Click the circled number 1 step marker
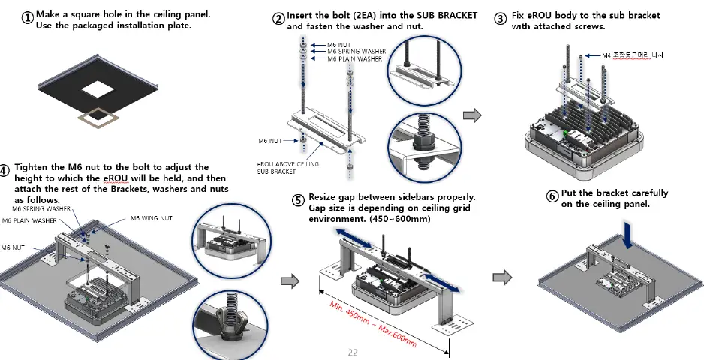pyautogui.click(x=27, y=19)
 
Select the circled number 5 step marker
pyautogui.click(x=298, y=201)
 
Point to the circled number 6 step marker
pyautogui.click(x=552, y=196)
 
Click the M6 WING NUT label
pyautogui.click(x=152, y=218)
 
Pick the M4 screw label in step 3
pyautogui.click(x=633, y=55)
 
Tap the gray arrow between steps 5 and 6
pyautogui.click(x=501, y=277)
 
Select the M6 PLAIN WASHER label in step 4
pyautogui.click(x=29, y=221)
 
